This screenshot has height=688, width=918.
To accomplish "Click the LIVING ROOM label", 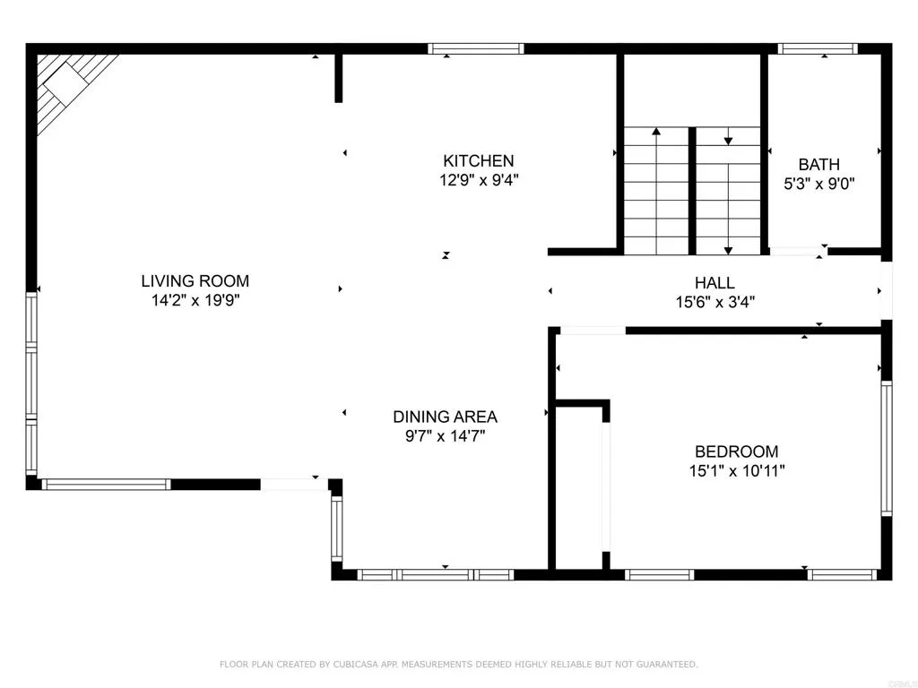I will [x=195, y=280].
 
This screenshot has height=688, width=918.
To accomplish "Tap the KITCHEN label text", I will [x=479, y=161].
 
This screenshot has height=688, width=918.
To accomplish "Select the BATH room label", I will [x=819, y=165].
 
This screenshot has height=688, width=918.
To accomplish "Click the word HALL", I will [x=714, y=283].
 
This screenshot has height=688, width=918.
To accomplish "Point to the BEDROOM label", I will [x=737, y=451].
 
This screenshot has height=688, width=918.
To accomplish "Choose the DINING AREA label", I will [x=445, y=417].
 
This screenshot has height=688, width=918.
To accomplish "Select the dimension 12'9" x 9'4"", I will [x=479, y=180].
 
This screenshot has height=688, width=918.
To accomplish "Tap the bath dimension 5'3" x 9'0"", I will [x=819, y=185].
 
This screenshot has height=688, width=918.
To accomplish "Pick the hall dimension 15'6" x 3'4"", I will [x=714, y=303].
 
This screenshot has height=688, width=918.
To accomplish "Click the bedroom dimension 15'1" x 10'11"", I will [x=737, y=471].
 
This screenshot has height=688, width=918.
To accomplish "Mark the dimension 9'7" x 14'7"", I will [x=445, y=436].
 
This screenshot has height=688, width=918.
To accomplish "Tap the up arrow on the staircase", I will [x=656, y=133].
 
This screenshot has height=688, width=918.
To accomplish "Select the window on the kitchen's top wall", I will [x=475, y=48].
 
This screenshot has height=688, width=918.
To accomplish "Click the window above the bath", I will [x=817, y=48].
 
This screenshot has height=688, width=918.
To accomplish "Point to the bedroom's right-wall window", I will [x=886, y=448].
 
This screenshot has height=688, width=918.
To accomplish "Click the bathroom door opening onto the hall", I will [x=797, y=252].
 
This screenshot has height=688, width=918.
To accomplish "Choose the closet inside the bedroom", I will [x=579, y=488].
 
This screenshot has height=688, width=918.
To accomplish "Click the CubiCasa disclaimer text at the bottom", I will [x=458, y=664].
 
